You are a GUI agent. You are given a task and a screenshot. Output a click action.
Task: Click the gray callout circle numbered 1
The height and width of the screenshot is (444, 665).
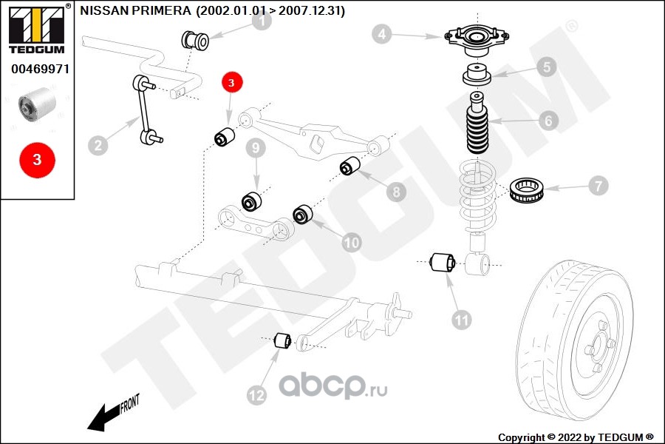[x=262, y=20]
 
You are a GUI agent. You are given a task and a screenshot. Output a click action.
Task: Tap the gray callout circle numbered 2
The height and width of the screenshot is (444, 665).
[x=98, y=145]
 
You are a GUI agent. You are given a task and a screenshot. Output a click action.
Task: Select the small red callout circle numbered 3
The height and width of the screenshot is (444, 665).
[x=231, y=82]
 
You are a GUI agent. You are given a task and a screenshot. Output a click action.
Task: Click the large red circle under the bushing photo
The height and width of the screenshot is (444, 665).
[x=38, y=160]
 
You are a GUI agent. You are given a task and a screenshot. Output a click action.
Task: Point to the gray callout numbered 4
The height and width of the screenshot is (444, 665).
[x=382, y=33]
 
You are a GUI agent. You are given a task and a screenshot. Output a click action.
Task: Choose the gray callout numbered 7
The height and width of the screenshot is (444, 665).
[x=598, y=186]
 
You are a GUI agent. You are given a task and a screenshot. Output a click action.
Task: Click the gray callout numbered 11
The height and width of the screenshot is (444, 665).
[x=461, y=320]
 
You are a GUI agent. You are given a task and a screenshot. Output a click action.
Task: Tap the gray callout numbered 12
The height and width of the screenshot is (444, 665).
[x=256, y=395]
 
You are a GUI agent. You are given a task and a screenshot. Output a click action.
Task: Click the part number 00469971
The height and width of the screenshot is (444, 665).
[x=40, y=69]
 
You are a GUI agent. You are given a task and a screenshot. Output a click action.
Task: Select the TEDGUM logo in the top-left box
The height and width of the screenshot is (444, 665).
[x=37, y=30]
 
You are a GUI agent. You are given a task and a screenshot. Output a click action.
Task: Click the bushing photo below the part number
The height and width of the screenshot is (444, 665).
[x=37, y=105]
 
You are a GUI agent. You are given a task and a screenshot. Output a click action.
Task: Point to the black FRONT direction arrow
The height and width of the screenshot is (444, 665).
[x=114, y=413]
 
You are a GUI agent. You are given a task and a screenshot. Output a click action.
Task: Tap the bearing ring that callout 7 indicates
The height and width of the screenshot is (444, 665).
[x=526, y=191]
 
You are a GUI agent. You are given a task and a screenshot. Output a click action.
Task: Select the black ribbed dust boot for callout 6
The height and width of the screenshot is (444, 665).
[x=477, y=124]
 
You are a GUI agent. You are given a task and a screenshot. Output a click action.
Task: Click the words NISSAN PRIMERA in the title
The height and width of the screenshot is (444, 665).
[x=135, y=10]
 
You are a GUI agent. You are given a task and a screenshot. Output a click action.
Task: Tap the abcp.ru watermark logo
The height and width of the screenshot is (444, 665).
[x=333, y=386]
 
